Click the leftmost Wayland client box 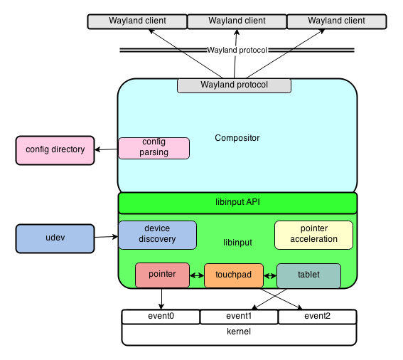[x=137, y=21]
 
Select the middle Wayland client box [x=237, y=21]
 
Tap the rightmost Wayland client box [x=336, y=21]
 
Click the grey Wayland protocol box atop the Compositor [x=234, y=85]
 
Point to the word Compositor [x=237, y=138]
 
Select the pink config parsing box [x=154, y=148]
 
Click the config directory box [x=55, y=150]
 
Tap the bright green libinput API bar [x=237, y=203]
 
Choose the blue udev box [x=55, y=238]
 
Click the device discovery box [x=157, y=235]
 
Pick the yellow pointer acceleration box [x=313, y=235]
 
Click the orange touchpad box [x=233, y=275]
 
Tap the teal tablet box [x=308, y=275]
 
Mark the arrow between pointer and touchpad [x=197, y=275]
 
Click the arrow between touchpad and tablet [x=269, y=275]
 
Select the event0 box [x=161, y=317]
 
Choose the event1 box [x=239, y=317]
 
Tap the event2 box [x=317, y=317]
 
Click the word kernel [x=238, y=332]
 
